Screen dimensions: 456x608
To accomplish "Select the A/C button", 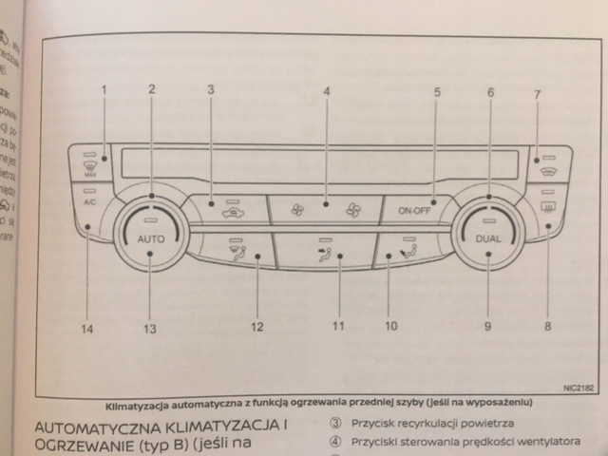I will pyautogui.click(x=89, y=202).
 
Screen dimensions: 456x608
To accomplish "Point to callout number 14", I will pyautogui.click(x=87, y=330).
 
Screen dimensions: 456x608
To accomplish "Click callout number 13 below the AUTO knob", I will pyautogui.click(x=149, y=330).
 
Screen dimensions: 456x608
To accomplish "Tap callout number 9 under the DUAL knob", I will pyautogui.click(x=487, y=327).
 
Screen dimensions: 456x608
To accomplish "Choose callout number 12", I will pyautogui.click(x=256, y=328).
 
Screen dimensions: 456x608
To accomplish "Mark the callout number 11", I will pyautogui.click(x=337, y=327).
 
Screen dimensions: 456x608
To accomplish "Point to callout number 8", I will pyautogui.click(x=547, y=327).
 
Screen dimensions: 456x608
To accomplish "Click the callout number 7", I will pyautogui.click(x=537, y=95).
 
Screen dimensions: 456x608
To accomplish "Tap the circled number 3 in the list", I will pyautogui.click(x=335, y=425).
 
